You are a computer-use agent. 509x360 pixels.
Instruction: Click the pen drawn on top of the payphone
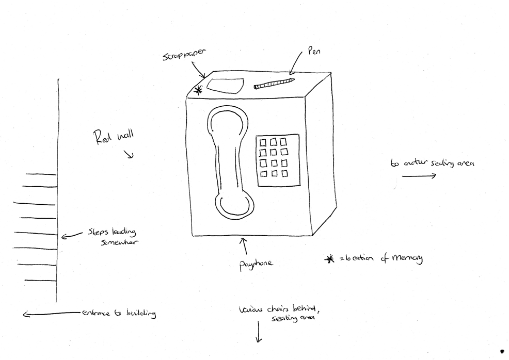[274, 83]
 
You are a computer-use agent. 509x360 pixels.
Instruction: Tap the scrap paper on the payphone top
[225, 85]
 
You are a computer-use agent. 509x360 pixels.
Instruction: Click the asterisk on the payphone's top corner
[198, 91]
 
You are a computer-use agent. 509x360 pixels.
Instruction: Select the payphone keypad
[277, 160]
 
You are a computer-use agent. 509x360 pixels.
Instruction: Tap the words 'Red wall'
[113, 137]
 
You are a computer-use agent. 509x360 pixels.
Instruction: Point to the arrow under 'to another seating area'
[418, 175]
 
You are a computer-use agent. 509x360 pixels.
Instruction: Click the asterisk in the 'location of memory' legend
[329, 259]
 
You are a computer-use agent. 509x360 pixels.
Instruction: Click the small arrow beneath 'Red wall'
[130, 154]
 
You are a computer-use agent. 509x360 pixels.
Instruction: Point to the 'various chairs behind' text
[279, 309]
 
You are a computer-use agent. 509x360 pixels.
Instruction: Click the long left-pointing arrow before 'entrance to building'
[52, 313]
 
